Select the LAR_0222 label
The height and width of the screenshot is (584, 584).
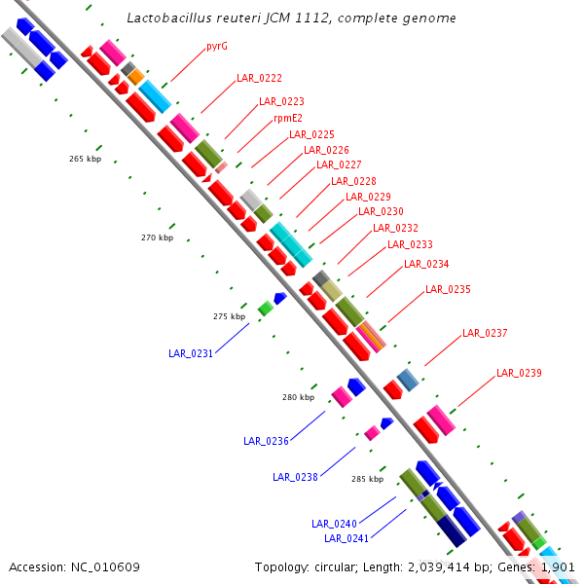(x=259, y=78)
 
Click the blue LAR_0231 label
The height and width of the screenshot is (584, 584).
(x=191, y=353)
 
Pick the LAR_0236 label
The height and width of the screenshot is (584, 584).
(x=266, y=441)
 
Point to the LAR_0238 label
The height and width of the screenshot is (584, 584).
(x=295, y=477)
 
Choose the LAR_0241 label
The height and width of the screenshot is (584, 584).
(x=347, y=538)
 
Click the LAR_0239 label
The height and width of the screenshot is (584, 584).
(x=519, y=373)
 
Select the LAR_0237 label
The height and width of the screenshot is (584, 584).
(x=485, y=333)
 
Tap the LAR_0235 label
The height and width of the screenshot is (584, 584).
(x=448, y=290)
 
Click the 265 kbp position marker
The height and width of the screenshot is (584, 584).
(x=85, y=159)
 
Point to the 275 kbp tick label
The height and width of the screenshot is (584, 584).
(x=229, y=316)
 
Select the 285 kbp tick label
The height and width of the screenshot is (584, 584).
(x=367, y=479)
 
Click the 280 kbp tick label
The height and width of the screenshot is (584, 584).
(x=299, y=397)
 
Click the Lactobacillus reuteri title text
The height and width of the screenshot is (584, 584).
(x=292, y=18)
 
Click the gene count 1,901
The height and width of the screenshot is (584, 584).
(x=559, y=566)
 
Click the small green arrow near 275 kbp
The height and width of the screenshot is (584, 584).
(x=265, y=308)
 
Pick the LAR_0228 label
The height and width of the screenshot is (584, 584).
(x=353, y=181)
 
